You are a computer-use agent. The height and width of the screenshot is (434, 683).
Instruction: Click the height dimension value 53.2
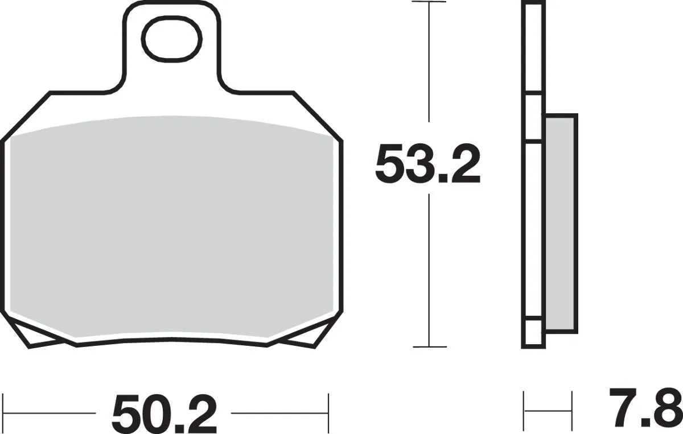click(427, 164)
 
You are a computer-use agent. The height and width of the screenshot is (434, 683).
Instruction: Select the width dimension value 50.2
click(164, 413)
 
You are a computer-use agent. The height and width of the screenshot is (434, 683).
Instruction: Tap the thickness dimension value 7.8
click(644, 408)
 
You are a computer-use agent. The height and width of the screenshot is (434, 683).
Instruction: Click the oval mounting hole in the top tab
click(171, 39)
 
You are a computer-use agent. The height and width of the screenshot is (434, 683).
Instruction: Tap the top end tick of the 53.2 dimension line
click(429, 2)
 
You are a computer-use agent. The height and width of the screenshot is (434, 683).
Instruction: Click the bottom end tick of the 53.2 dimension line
click(429, 346)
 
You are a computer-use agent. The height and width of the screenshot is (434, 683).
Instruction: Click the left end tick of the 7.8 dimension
click(524, 409)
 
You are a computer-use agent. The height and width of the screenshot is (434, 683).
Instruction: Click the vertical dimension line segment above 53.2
click(429, 68)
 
